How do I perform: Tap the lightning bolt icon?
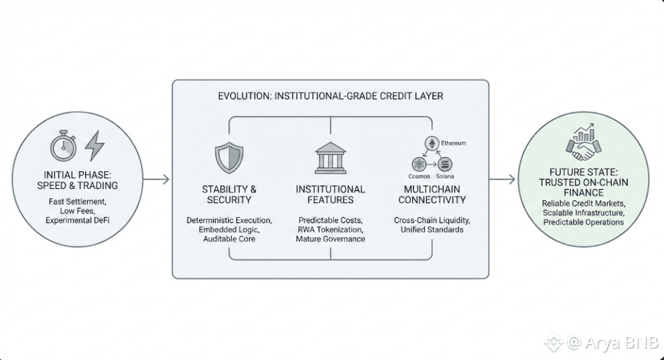[x=94, y=147]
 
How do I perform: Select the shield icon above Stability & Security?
[x=229, y=158]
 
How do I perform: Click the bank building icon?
[x=330, y=158]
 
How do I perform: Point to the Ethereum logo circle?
[x=432, y=143]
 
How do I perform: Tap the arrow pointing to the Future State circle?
[x=502, y=179]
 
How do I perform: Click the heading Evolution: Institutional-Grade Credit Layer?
[x=330, y=96]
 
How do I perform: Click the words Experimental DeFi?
[x=78, y=220]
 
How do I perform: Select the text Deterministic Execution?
[x=229, y=220]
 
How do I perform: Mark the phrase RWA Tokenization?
[x=330, y=230]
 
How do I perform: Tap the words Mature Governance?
[x=330, y=239]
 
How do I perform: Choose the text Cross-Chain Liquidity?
[x=432, y=220]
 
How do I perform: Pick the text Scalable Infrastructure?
[x=584, y=212]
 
